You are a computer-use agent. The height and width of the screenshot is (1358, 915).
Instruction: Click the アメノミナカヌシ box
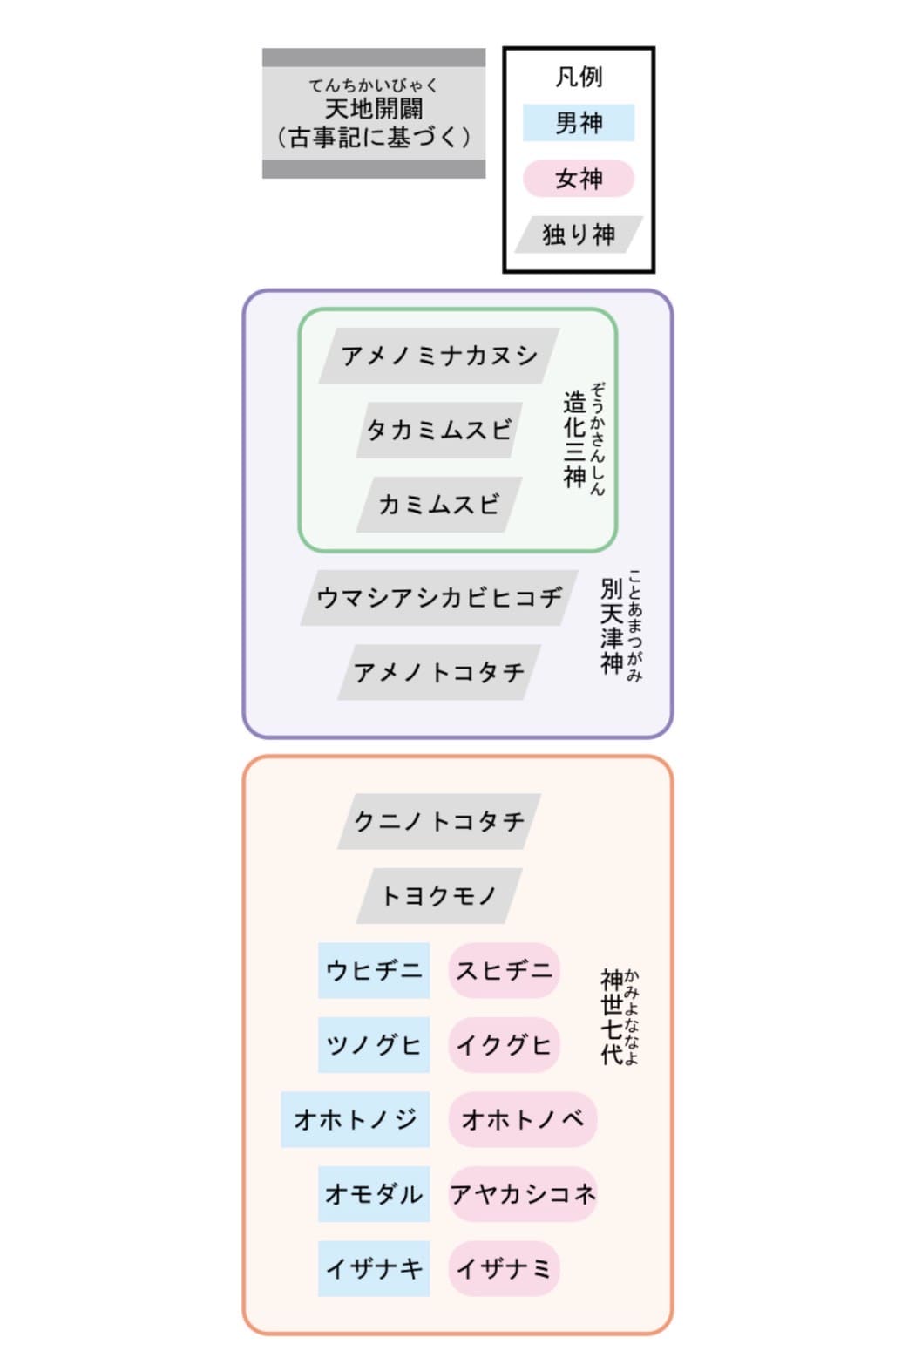pyautogui.click(x=439, y=356)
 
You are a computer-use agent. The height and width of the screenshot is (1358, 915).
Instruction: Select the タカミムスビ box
pyautogui.click(x=439, y=430)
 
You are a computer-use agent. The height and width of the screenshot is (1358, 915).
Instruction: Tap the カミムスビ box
pyautogui.click(x=439, y=505)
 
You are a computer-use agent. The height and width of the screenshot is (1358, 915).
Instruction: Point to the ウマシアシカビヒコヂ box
pyautogui.click(x=439, y=597)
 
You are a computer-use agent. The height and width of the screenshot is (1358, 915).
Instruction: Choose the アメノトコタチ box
pyautogui.click(x=439, y=672)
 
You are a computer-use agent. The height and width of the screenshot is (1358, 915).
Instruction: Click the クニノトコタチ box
pyautogui.click(x=439, y=821)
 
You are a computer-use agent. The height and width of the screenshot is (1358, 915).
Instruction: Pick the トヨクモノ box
pyautogui.click(x=439, y=895)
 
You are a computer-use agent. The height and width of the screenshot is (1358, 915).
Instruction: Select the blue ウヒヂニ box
pyautogui.click(x=374, y=970)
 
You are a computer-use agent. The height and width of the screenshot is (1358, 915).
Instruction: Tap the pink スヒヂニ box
pyautogui.click(x=505, y=970)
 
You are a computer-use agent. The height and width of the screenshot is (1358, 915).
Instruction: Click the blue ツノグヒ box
pyautogui.click(x=374, y=1044)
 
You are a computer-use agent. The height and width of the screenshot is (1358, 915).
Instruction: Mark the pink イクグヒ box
pyautogui.click(x=505, y=1044)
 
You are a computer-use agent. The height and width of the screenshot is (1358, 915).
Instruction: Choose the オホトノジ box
pyautogui.click(x=355, y=1119)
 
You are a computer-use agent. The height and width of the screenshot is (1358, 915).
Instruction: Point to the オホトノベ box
pyautogui.click(x=523, y=1119)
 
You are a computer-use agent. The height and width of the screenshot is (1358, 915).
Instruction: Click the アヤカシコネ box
pyautogui.click(x=523, y=1194)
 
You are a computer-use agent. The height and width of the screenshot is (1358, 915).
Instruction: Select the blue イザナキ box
pyautogui.click(x=374, y=1268)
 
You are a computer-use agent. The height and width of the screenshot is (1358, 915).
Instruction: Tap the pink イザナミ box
pyautogui.click(x=505, y=1268)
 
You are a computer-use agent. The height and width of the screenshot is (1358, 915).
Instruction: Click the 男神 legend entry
pyautogui.click(x=579, y=122)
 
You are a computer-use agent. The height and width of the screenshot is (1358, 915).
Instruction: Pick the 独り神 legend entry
pyautogui.click(x=579, y=234)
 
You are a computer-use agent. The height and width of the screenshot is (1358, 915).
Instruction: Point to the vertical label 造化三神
pyautogui.click(x=574, y=439)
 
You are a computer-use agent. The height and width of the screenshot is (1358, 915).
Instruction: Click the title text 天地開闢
pyautogui.click(x=374, y=109)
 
